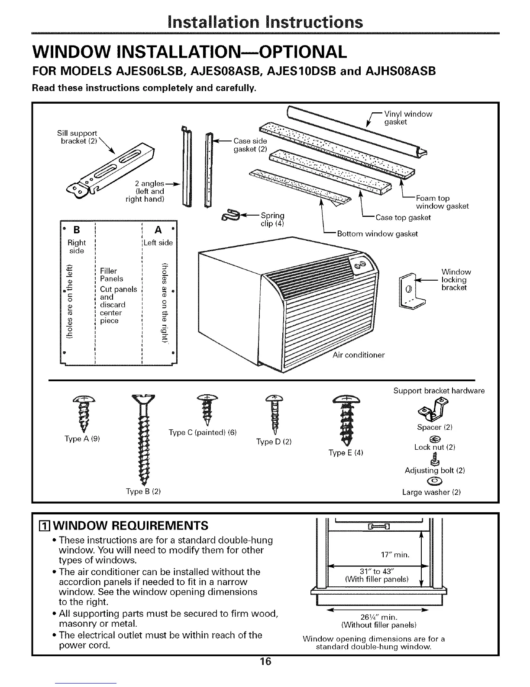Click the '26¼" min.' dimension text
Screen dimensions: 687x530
pyautogui.click(x=379, y=618)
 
